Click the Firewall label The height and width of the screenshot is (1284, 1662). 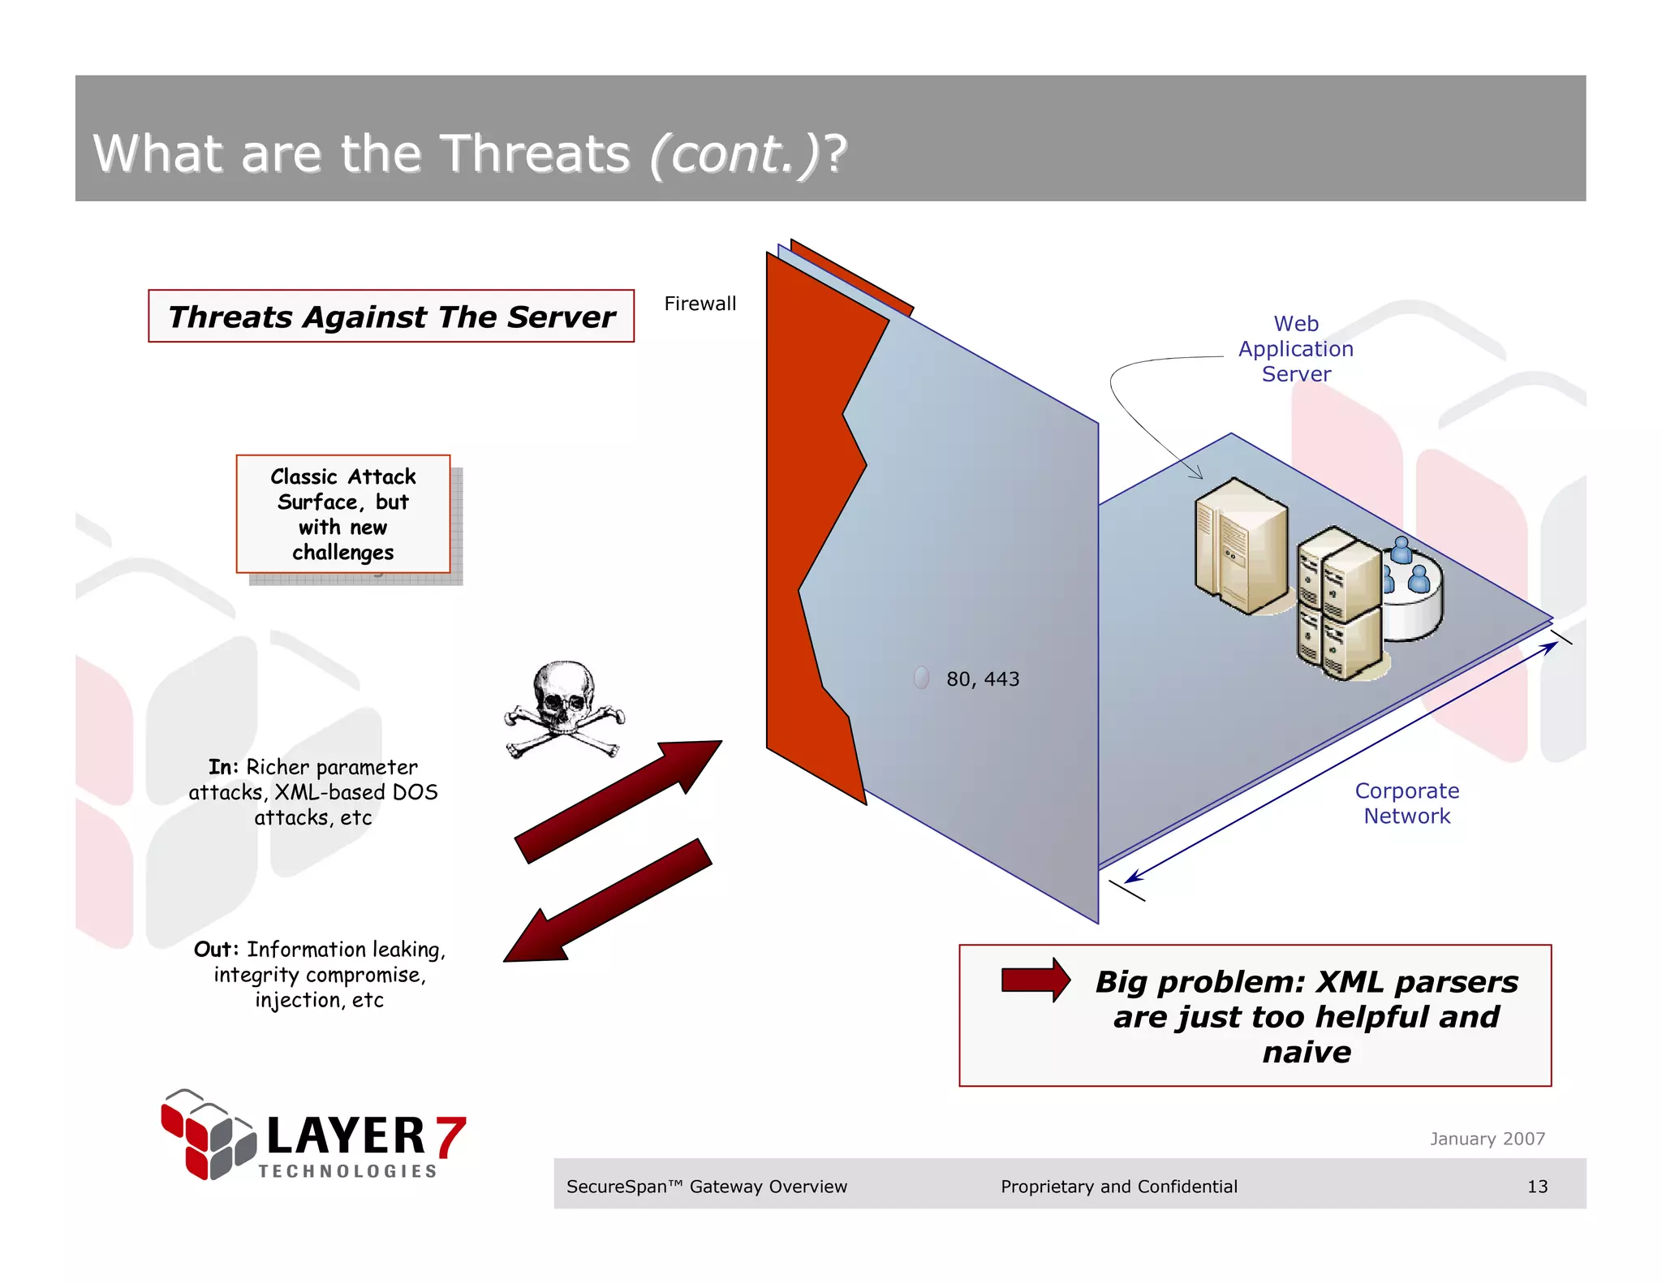point(700,304)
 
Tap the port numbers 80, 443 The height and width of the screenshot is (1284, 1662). point(982,679)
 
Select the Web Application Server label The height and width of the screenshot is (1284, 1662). point(1295,349)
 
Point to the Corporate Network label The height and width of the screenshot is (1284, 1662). point(1406,803)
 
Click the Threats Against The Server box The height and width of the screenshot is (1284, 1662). point(391,317)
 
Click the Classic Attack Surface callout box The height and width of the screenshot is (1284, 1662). point(343,514)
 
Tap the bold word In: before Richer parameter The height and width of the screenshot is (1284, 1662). point(223,767)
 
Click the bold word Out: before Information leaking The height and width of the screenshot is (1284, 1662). point(216,949)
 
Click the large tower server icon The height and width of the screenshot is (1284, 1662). point(1240,545)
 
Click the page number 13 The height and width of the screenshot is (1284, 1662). point(1537,1186)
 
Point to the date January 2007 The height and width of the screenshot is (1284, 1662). point(1487,1138)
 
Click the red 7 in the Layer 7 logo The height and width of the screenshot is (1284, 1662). point(450,1136)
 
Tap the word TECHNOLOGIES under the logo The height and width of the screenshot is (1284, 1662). point(347,1171)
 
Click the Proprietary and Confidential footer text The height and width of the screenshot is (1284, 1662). point(1118,1186)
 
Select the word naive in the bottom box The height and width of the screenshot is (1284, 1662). point(1306,1052)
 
